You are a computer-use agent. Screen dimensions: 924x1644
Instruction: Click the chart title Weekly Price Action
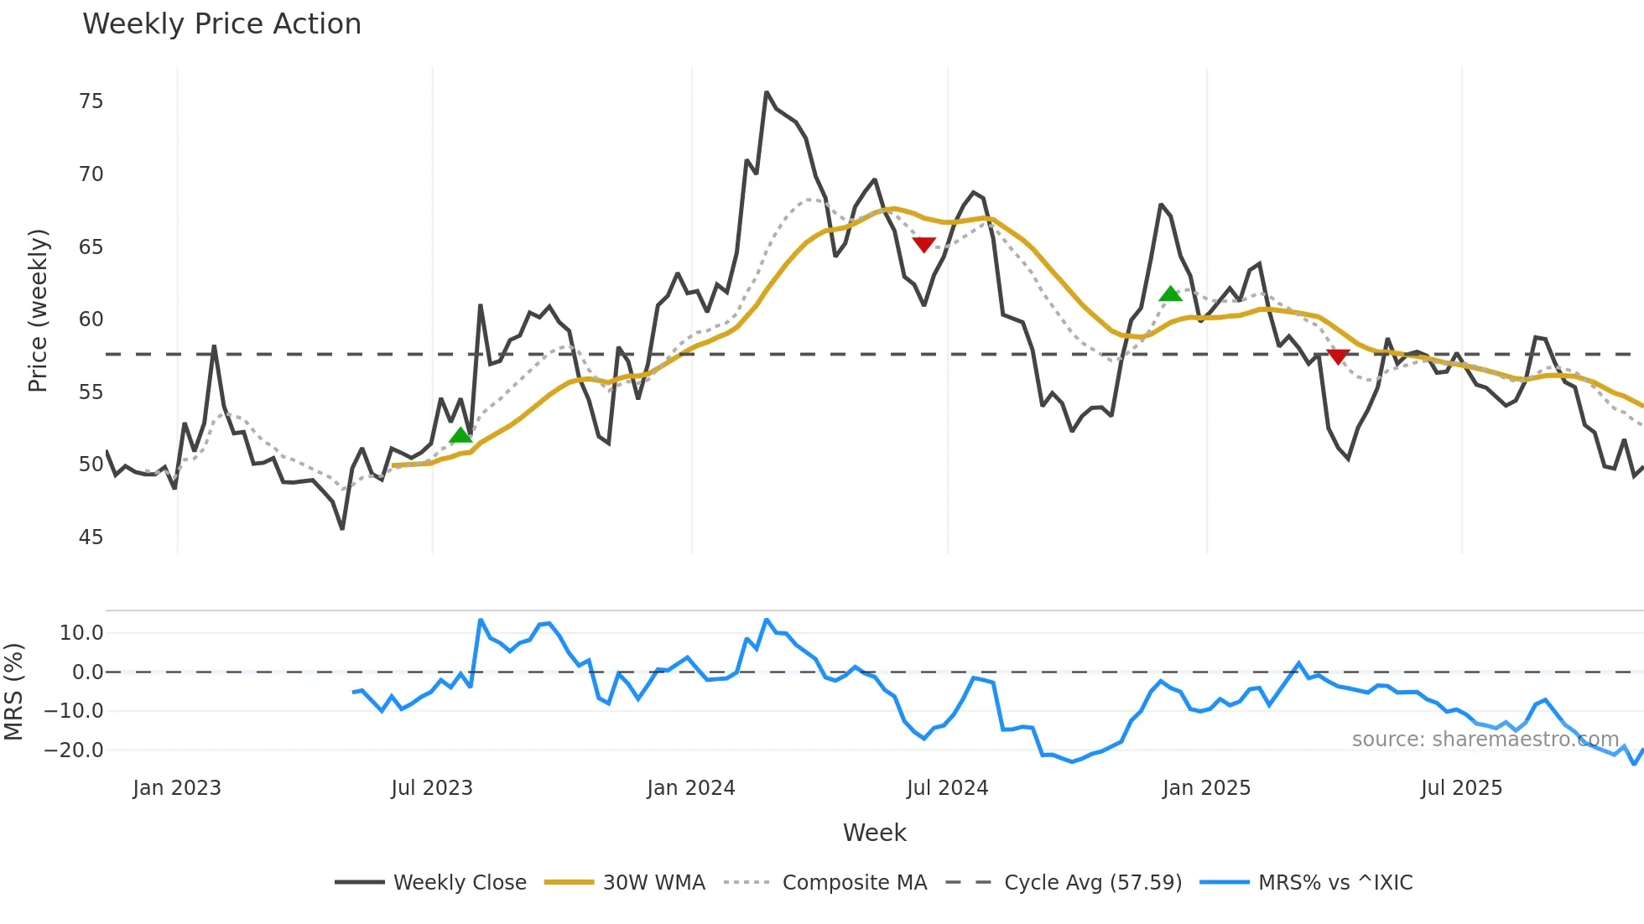[x=221, y=23]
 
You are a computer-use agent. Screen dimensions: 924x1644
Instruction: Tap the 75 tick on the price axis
[x=91, y=101]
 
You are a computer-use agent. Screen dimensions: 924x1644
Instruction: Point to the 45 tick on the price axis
[x=91, y=537]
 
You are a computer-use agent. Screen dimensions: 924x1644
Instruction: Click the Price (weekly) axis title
[x=38, y=310]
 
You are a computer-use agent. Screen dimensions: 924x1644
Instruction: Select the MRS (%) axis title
[x=13, y=692]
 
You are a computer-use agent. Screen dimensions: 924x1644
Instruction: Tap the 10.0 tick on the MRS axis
[x=81, y=633]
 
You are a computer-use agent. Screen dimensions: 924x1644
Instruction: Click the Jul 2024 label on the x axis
[x=947, y=788]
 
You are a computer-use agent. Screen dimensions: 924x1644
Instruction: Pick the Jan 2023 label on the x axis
[x=177, y=788]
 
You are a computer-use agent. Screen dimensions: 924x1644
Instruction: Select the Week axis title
[x=874, y=833]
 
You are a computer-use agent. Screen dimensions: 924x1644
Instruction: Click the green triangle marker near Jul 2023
[x=460, y=435]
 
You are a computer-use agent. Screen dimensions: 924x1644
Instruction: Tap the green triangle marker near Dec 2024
[x=1170, y=293]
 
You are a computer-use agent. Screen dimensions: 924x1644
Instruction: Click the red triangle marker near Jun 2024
[x=923, y=244]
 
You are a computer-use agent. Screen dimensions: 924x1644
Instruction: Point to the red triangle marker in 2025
[x=1338, y=356]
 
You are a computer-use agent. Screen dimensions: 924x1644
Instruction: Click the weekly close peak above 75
[x=767, y=93]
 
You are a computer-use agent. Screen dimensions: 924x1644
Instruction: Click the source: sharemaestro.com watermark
[x=1485, y=740]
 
